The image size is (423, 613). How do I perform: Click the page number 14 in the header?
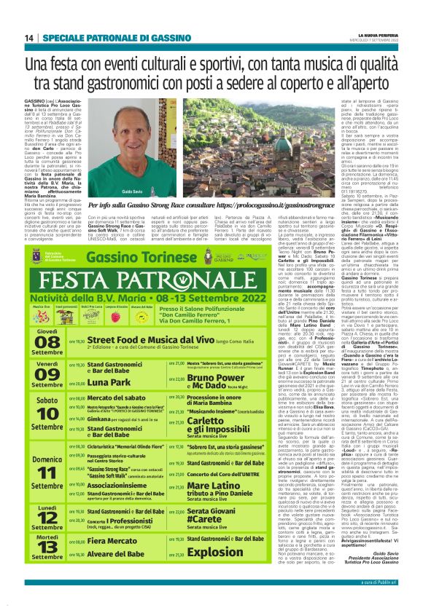tap(29, 37)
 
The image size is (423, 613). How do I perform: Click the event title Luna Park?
tap(109, 382)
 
